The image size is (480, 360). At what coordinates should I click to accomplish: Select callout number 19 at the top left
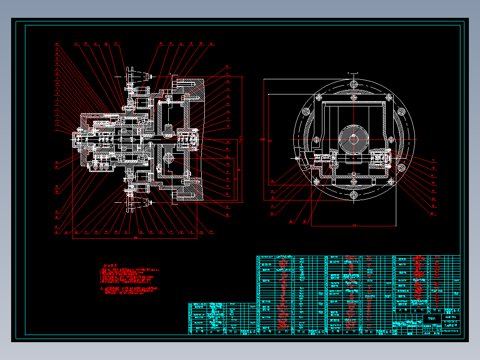click(76, 44)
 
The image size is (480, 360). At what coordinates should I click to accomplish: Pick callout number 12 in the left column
click(57, 76)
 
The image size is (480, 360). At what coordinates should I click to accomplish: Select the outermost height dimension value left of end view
click(262, 140)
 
